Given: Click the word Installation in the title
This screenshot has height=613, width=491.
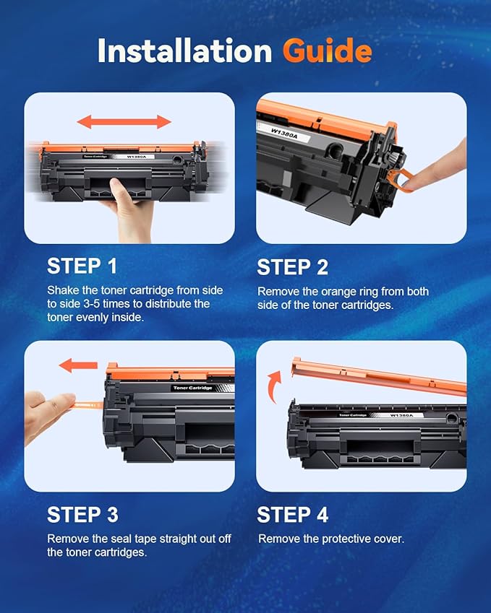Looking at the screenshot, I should pos(185,51).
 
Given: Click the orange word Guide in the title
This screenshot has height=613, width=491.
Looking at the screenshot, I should pos(327,51).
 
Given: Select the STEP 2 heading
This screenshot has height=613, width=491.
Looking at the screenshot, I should pos(293,266).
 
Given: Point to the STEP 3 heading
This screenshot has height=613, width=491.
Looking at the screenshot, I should pos(82,515).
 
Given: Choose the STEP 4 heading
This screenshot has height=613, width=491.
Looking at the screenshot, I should pos(293,515).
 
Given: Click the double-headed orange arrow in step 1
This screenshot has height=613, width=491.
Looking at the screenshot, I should pos(124,121).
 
